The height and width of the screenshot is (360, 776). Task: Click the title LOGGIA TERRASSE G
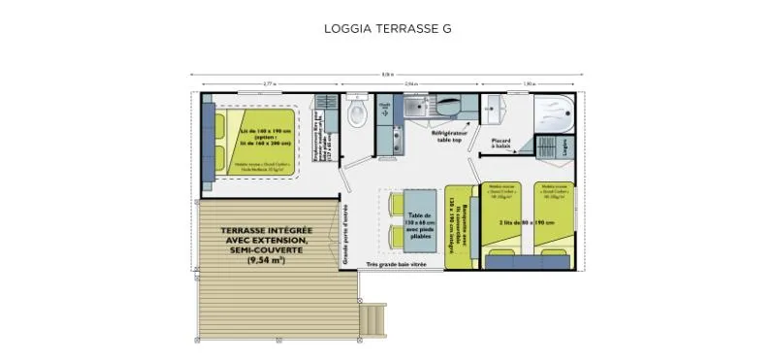tap(387, 28)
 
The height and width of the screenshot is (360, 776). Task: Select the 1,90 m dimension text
tap(530, 84)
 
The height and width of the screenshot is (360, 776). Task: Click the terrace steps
tap(370, 314)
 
